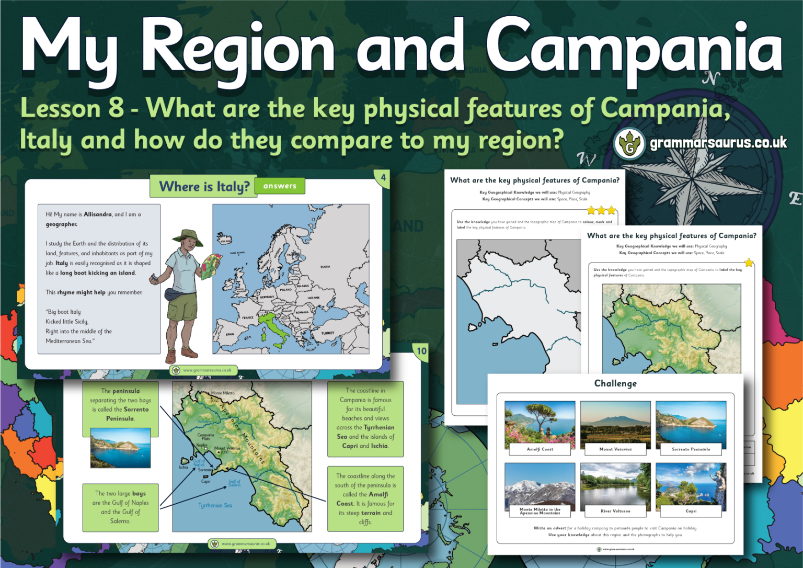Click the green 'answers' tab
(x=280, y=186)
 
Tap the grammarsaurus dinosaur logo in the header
(x=629, y=144)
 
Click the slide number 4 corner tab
(x=383, y=178)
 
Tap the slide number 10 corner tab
(x=421, y=351)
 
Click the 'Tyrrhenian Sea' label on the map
(x=215, y=505)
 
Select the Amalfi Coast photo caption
(x=540, y=449)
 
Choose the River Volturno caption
(x=615, y=511)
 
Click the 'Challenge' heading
(x=615, y=383)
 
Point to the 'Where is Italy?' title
(x=204, y=187)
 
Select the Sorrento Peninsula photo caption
(x=691, y=449)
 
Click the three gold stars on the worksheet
(x=601, y=210)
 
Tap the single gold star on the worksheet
(x=749, y=263)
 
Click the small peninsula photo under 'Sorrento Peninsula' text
(x=120, y=448)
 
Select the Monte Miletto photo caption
(x=540, y=511)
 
